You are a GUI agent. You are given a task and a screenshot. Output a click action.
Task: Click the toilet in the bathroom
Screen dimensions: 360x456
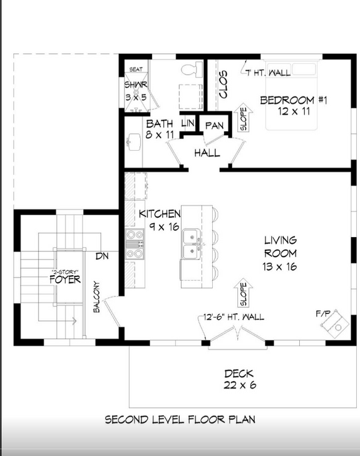192,69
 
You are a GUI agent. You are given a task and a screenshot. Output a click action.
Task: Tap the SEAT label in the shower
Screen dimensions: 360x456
136,69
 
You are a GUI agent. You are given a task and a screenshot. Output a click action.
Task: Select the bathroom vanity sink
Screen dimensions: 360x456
134,143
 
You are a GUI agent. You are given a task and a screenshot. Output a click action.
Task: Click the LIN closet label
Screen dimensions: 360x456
188,123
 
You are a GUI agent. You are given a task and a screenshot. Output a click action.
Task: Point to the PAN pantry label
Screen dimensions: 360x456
215,126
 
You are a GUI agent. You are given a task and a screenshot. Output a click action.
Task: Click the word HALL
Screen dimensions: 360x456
207,153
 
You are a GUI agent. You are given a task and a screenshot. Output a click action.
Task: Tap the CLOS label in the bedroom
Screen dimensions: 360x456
224,84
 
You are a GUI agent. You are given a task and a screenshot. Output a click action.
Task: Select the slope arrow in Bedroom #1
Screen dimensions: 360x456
244,117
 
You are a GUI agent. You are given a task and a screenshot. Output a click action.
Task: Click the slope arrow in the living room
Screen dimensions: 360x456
244,293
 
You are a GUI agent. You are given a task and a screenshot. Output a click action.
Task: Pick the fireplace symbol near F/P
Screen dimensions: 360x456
335,323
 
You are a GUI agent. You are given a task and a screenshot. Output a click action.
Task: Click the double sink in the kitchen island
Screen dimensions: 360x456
191,244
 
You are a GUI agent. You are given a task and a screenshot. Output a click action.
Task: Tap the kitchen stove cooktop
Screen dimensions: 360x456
135,244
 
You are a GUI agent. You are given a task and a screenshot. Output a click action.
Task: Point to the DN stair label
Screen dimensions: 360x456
102,256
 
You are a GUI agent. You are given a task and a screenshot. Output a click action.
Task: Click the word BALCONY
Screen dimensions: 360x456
96,297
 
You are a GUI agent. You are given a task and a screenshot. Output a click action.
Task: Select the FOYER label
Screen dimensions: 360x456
65,280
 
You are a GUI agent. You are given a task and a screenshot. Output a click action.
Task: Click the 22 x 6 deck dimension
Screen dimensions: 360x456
240,385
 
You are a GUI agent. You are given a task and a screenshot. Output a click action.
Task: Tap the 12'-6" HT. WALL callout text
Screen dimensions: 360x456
234,317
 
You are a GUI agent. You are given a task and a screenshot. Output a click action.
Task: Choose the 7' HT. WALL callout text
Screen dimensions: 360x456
268,73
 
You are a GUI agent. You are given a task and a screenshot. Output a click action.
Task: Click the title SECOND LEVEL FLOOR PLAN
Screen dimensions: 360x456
180,419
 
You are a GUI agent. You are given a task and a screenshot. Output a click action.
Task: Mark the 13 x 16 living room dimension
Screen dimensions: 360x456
280,266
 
